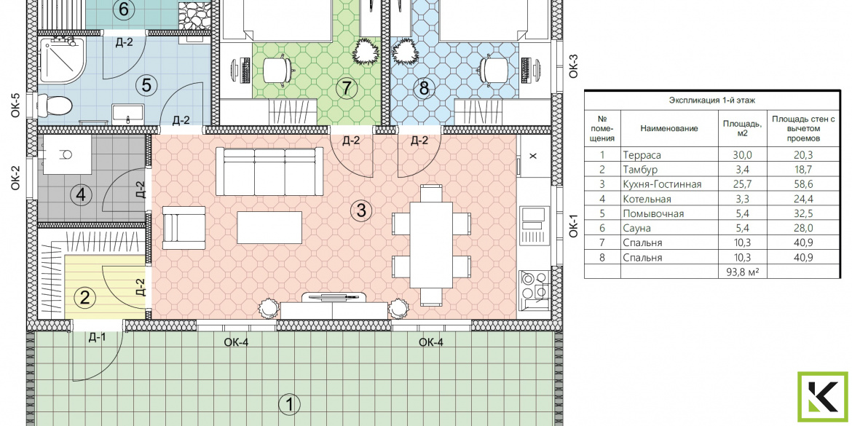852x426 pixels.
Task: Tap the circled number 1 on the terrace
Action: click(288, 403)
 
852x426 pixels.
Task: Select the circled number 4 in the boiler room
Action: click(81, 194)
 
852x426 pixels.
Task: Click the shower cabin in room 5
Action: click(61, 60)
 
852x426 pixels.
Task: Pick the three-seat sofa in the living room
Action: click(266, 170)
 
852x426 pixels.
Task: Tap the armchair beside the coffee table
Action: click(184, 227)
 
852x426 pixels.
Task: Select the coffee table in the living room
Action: click(269, 228)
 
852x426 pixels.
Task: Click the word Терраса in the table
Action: click(642, 155)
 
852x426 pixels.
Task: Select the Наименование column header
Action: click(669, 128)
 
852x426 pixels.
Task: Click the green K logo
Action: click(822, 397)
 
